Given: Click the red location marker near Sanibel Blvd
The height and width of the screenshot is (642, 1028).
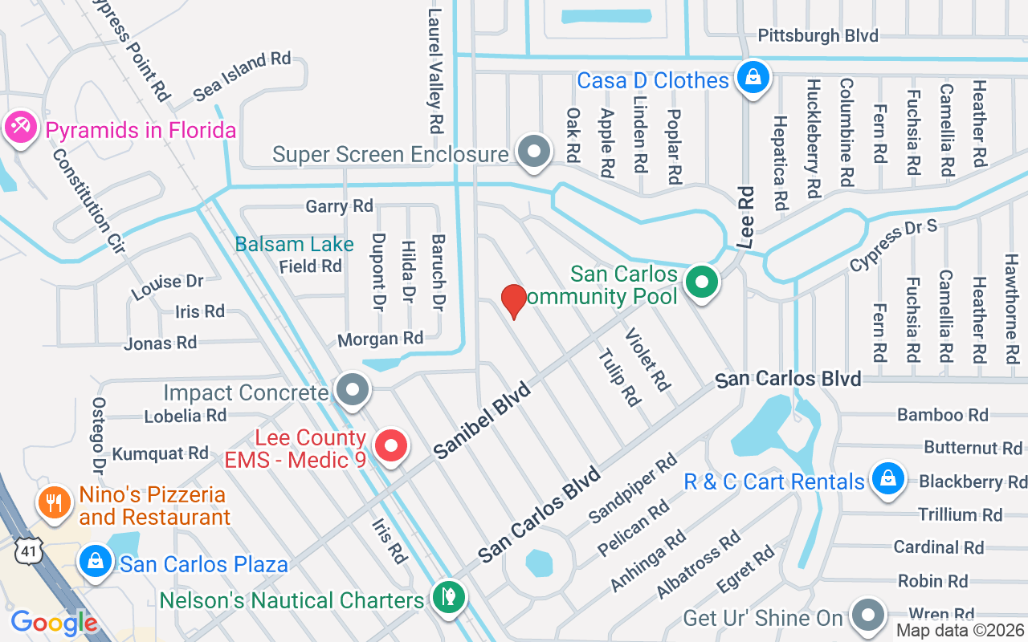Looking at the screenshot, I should click(x=513, y=301).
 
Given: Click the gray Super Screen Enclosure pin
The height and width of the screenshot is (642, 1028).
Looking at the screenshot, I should click(x=532, y=151).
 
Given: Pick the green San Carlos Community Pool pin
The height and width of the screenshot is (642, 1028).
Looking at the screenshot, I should click(x=702, y=282).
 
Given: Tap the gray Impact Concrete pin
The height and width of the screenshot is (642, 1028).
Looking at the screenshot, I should click(x=352, y=391).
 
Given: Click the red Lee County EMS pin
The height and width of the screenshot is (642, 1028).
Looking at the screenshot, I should click(x=392, y=446).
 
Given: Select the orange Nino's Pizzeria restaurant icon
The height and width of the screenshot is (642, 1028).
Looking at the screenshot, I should click(x=54, y=503).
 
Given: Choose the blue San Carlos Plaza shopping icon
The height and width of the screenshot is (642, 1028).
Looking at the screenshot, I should click(x=96, y=561).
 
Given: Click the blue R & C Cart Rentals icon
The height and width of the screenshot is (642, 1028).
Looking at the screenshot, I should click(x=887, y=479).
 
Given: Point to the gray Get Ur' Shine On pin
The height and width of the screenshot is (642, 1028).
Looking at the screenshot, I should click(x=867, y=615).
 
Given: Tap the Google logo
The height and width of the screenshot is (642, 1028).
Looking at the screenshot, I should click(x=54, y=623).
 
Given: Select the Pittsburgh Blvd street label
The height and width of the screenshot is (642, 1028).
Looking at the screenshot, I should click(x=818, y=36).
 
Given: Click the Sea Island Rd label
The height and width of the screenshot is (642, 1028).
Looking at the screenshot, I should click(x=242, y=77).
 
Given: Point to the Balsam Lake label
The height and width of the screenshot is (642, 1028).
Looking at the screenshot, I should click(x=294, y=244).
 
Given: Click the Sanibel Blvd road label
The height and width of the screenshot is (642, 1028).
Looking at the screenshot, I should click(x=483, y=421).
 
